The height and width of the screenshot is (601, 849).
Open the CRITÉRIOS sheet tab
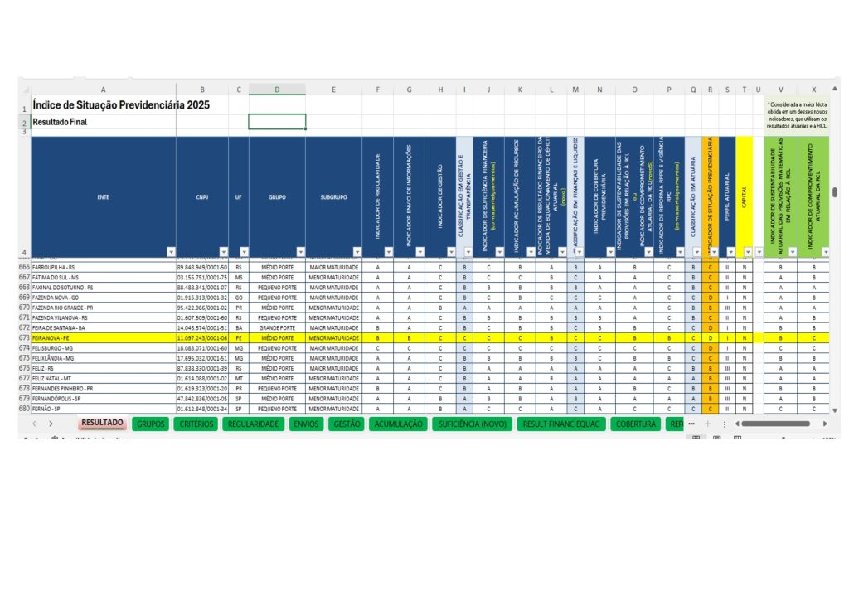[x=196, y=424]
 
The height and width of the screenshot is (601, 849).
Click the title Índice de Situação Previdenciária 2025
[x=121, y=105]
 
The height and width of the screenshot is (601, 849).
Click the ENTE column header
[x=103, y=197]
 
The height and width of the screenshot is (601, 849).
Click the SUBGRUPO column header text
[x=333, y=197]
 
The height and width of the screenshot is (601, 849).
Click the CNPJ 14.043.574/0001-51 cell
[x=201, y=327]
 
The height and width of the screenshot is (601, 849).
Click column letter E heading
[x=333, y=90]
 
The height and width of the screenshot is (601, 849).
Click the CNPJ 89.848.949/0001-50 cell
[x=201, y=268]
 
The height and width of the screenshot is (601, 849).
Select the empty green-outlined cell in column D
[x=277, y=122]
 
